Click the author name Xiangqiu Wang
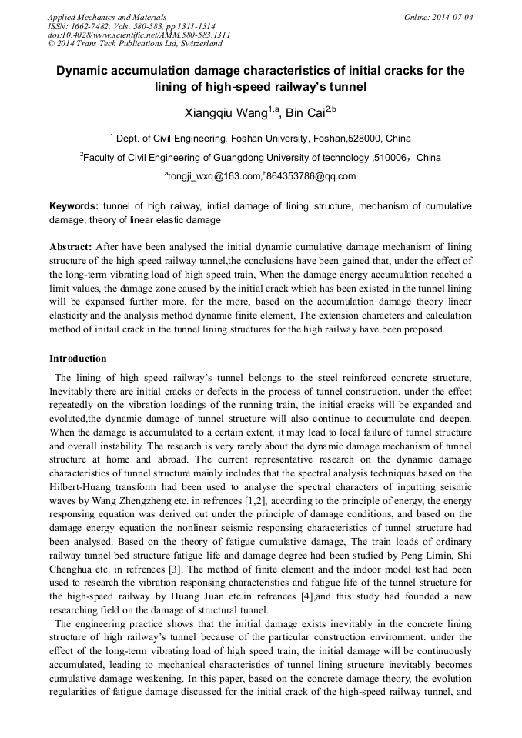[x=226, y=113]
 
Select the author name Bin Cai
[x=306, y=113]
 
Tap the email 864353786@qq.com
[x=312, y=176]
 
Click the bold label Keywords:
[x=74, y=206]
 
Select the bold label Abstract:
[x=71, y=247]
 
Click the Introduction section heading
[x=78, y=359]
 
